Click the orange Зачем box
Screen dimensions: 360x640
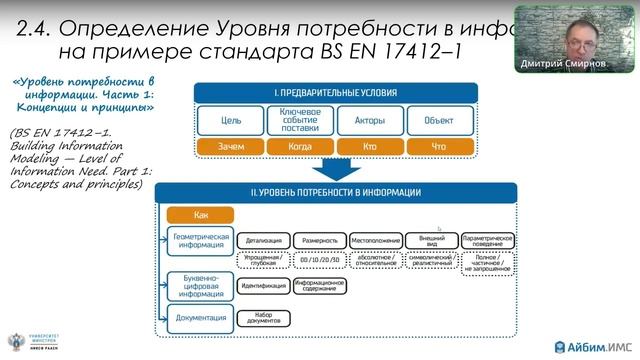(231, 146)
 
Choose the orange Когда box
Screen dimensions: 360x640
(300, 146)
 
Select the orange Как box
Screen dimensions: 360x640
(200, 215)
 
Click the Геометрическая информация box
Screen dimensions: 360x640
(200, 241)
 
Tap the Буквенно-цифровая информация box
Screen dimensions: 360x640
(200, 285)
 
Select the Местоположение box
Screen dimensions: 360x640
(376, 241)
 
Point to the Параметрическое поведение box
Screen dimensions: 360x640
(488, 241)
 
